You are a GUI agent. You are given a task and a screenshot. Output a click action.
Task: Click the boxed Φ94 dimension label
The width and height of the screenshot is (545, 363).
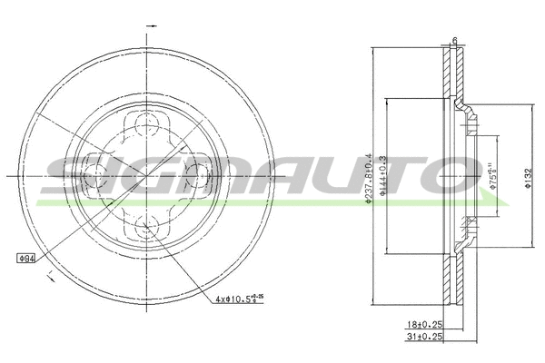25,258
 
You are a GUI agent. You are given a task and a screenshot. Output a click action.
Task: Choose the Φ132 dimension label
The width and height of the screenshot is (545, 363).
528,178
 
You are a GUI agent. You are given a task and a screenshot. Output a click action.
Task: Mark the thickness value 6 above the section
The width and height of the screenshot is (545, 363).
453,40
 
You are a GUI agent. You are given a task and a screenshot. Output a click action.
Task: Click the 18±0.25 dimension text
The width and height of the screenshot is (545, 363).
424,322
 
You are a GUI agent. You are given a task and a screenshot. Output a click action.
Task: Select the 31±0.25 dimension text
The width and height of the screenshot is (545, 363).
424,337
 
